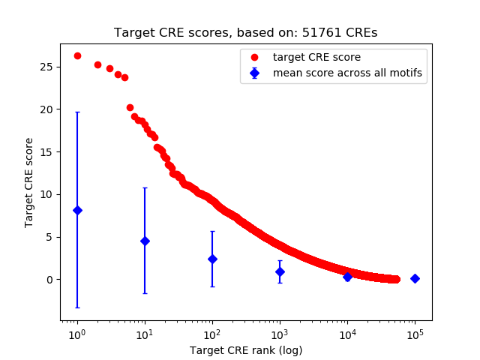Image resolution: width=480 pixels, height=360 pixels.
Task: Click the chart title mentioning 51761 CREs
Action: pyautogui.click(x=246, y=33)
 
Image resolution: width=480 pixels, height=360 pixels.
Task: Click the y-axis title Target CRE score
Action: pyautogui.click(x=29, y=182)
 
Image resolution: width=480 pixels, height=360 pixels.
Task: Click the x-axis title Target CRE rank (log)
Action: pyautogui.click(x=246, y=350)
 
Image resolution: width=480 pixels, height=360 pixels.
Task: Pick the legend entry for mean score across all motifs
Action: pyautogui.click(x=347, y=73)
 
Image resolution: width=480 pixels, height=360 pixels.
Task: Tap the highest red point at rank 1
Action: pyautogui.click(x=77, y=55)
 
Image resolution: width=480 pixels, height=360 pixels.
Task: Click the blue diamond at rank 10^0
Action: pyautogui.click(x=77, y=210)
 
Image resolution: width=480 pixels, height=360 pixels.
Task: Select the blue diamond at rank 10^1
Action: pyautogui.click(x=145, y=241)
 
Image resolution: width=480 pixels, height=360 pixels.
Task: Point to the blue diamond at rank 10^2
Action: pyautogui.click(x=212, y=259)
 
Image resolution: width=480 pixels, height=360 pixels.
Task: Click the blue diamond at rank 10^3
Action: pyautogui.click(x=280, y=271)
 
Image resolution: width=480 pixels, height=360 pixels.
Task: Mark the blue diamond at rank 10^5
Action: pyautogui.click(x=415, y=278)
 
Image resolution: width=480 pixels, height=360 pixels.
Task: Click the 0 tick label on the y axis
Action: pyautogui.click(x=49, y=280)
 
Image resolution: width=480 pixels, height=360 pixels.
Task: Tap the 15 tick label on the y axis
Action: pyautogui.click(x=46, y=151)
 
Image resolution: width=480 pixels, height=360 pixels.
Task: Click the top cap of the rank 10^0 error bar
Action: pyautogui.click(x=77, y=112)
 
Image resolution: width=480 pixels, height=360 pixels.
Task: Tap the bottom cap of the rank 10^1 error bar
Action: pyautogui.click(x=145, y=293)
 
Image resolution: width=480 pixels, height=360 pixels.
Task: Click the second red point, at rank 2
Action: pyautogui.click(x=97, y=64)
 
